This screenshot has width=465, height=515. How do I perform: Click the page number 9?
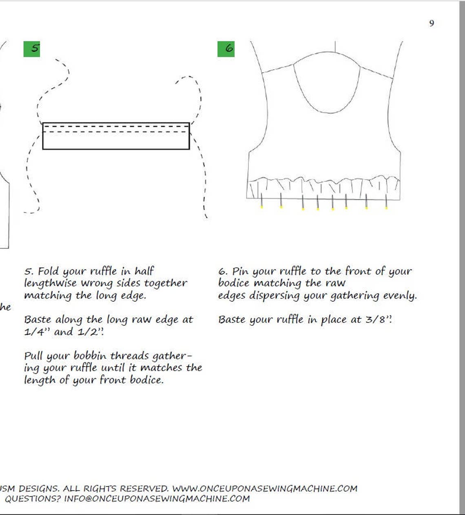(x=432, y=23)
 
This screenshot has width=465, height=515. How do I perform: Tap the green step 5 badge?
(x=32, y=49)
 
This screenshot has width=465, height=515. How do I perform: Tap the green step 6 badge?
(x=226, y=49)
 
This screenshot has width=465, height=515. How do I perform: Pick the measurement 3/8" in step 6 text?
(x=378, y=320)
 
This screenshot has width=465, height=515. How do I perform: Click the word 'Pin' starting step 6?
(x=241, y=271)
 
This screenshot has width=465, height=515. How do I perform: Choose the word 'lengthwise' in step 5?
(x=50, y=283)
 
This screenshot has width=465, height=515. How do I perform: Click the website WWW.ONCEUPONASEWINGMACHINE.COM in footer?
(x=264, y=488)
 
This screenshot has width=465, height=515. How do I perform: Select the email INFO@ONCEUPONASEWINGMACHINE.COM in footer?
(x=157, y=499)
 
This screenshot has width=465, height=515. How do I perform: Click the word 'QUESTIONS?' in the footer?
(x=32, y=499)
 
